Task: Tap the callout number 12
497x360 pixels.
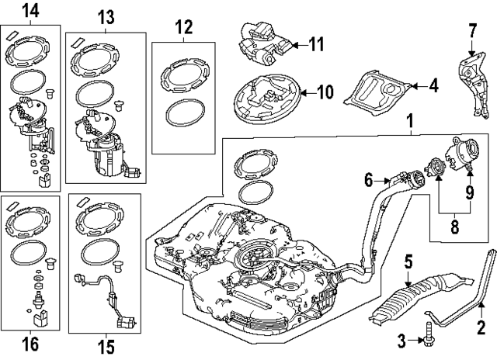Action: pyautogui.click(x=182, y=28)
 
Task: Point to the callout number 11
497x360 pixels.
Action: pyautogui.click(x=317, y=44)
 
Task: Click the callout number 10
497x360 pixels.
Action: pyautogui.click(x=325, y=93)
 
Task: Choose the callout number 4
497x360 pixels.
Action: pyautogui.click(x=433, y=86)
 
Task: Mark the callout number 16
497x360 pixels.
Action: pyautogui.click(x=30, y=343)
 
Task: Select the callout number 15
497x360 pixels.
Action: pyautogui.click(x=105, y=343)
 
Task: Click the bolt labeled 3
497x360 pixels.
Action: pyautogui.click(x=426, y=338)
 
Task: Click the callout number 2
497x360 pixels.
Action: pyautogui.click(x=481, y=327)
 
